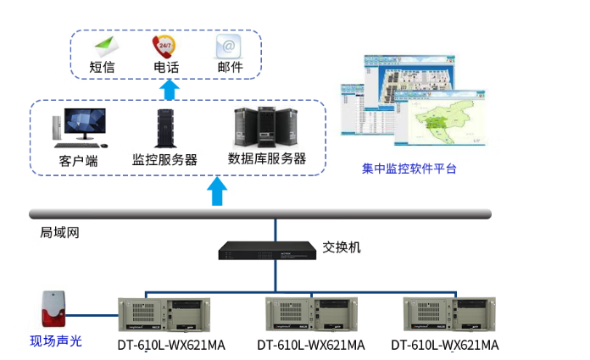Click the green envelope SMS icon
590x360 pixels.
tap(103, 44)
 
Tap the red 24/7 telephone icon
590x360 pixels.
tap(163, 44)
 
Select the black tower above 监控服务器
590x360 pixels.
tap(164, 128)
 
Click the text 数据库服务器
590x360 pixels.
tap(267, 158)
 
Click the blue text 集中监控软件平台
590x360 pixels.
tap(409, 169)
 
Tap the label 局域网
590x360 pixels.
tap(59, 232)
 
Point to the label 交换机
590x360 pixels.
tap(342, 247)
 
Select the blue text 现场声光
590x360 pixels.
tap(56, 341)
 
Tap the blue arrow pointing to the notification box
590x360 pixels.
tap(170, 89)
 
